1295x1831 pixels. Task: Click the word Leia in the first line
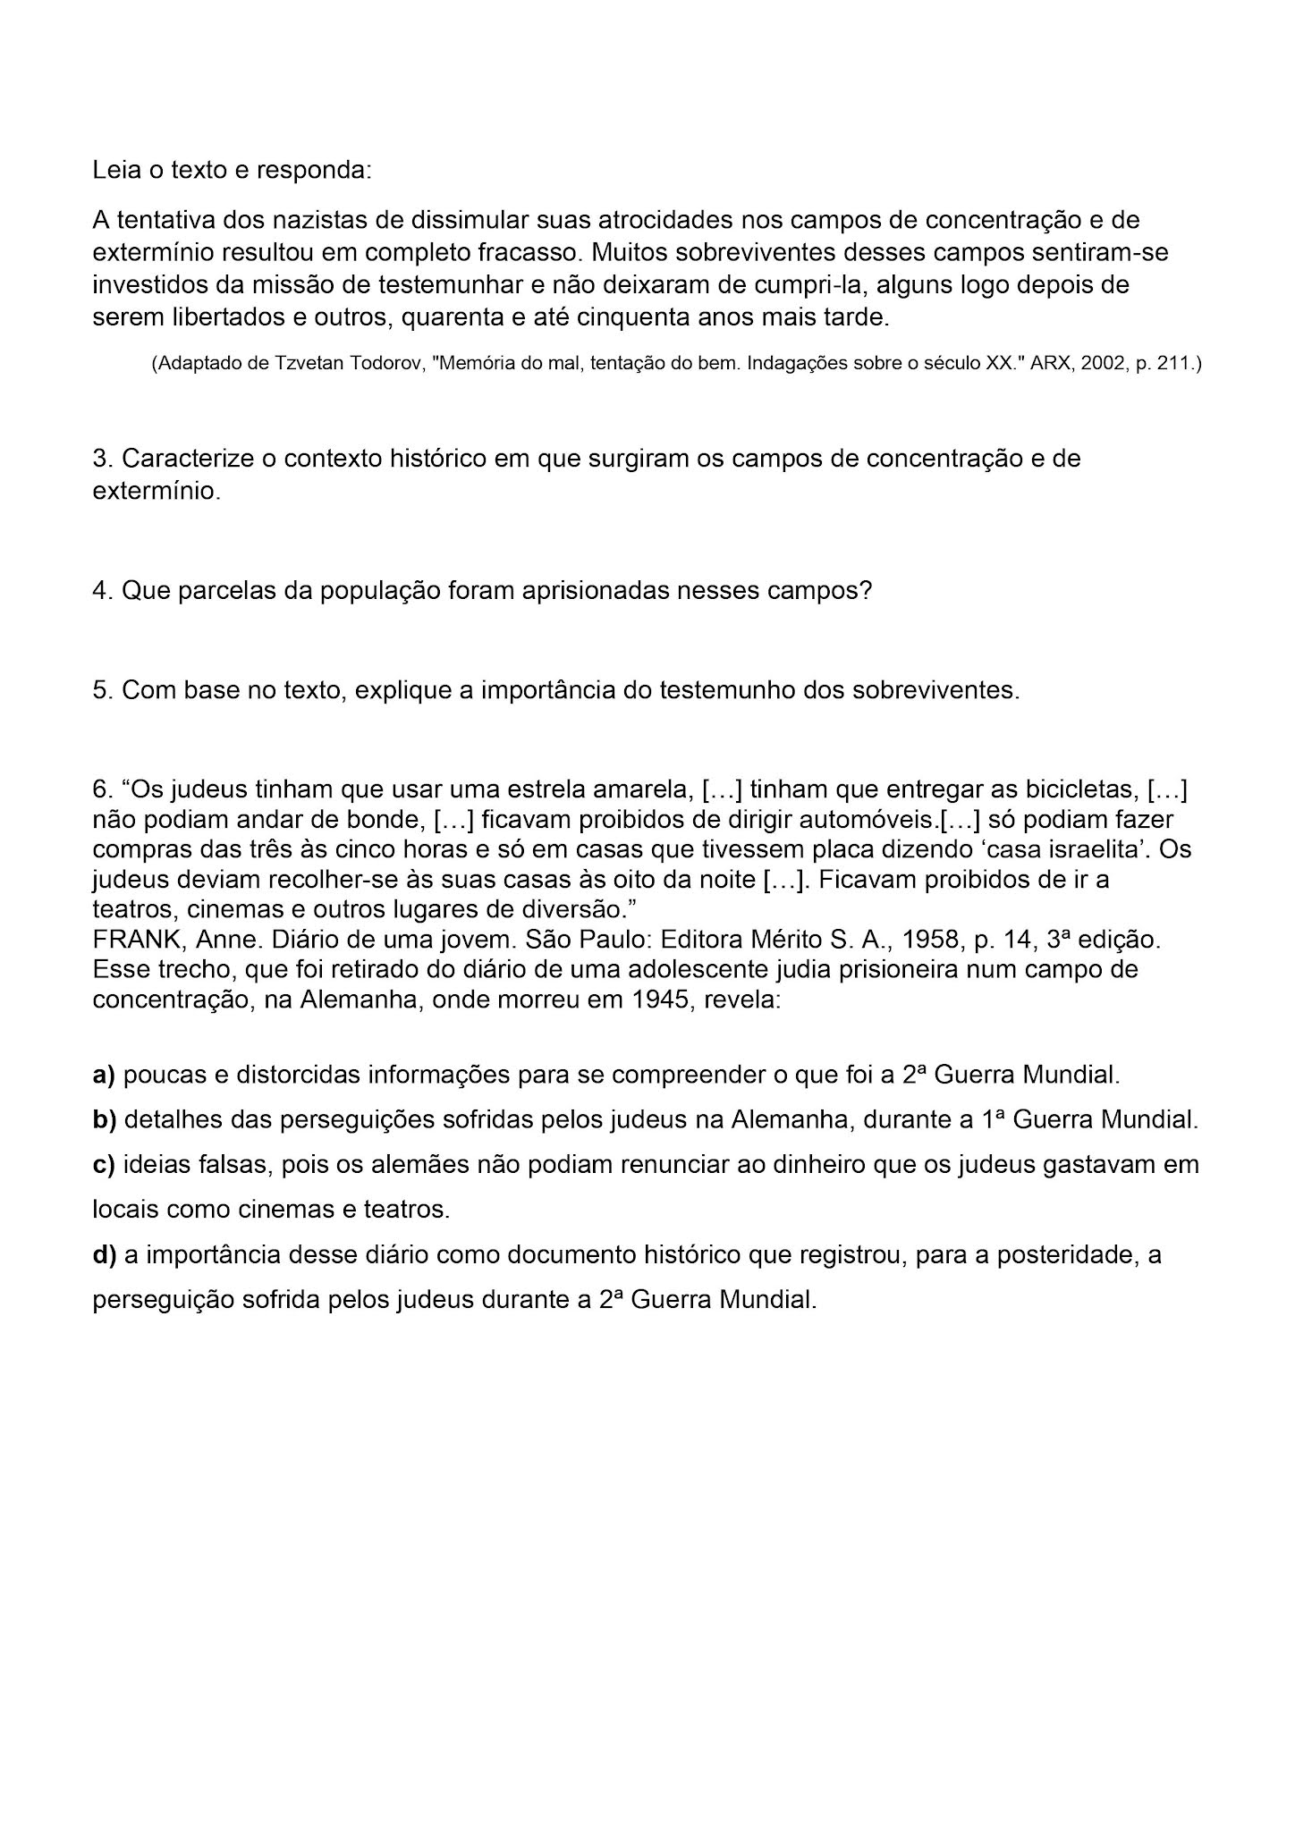(115, 170)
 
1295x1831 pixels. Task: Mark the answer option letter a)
(104, 1075)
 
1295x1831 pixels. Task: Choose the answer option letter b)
(104, 1119)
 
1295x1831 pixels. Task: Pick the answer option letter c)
(104, 1165)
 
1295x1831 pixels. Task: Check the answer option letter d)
(104, 1255)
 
